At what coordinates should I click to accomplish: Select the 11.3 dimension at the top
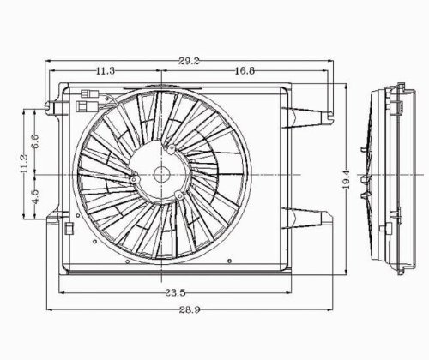[x=106, y=72]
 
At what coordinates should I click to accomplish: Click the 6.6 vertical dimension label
[x=34, y=141]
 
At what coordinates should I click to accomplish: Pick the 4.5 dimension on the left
[x=34, y=196]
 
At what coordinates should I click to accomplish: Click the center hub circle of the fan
[x=161, y=174]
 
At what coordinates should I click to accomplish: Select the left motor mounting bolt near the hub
[x=135, y=179]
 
